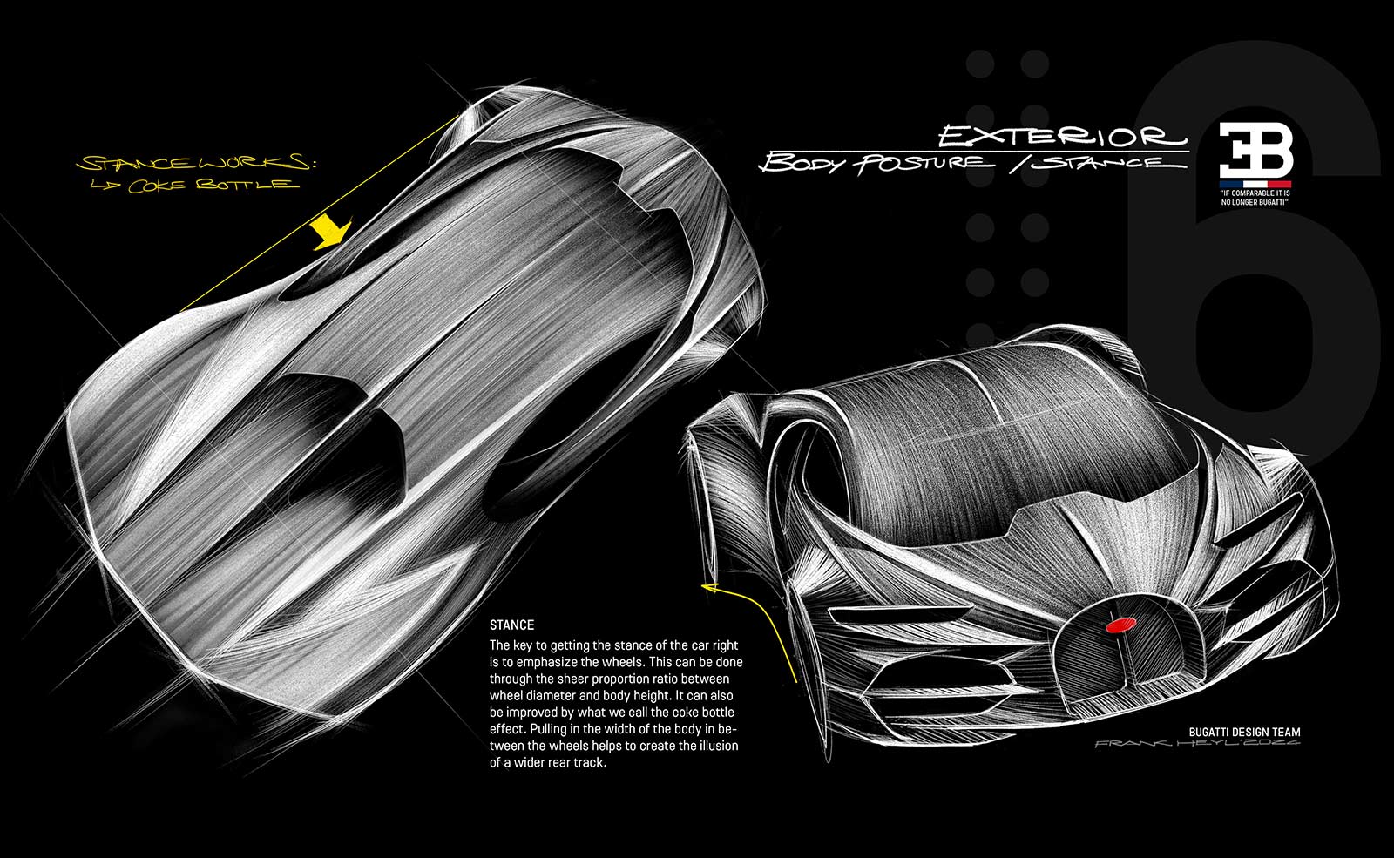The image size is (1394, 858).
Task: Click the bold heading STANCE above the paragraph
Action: point(511,625)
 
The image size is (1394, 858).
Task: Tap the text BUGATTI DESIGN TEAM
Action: point(1244,733)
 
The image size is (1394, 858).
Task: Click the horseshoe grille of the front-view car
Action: point(1120,645)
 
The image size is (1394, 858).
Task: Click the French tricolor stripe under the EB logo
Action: point(1255,183)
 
